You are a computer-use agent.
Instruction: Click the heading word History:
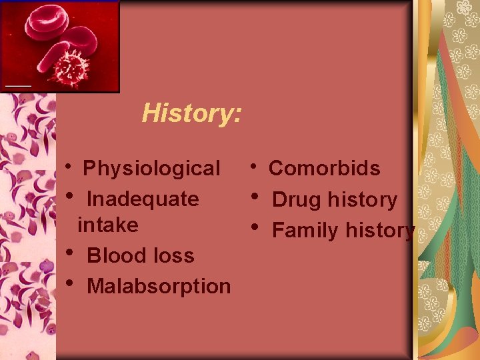click(x=191, y=113)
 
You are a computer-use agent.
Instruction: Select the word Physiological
click(x=151, y=169)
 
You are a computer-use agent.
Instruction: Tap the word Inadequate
click(x=143, y=199)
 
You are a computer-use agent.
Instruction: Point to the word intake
click(x=108, y=225)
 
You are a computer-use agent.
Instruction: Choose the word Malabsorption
click(x=159, y=287)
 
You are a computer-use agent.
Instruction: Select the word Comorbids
click(x=324, y=169)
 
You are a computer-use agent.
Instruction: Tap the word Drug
click(x=297, y=200)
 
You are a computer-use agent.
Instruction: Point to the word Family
click(x=305, y=231)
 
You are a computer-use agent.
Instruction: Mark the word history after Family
click(x=380, y=231)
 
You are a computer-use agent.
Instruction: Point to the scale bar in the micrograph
click(x=19, y=86)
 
